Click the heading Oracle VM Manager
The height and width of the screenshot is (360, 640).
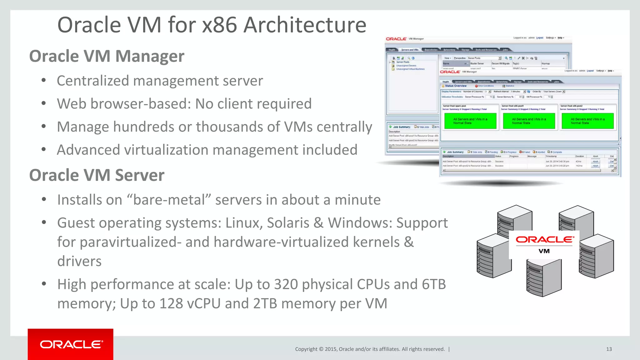(x=107, y=56)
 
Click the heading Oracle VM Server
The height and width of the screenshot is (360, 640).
(x=97, y=175)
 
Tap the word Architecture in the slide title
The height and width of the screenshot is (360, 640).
(x=305, y=25)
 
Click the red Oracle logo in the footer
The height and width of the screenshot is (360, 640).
(x=71, y=344)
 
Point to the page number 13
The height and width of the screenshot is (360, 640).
(x=609, y=349)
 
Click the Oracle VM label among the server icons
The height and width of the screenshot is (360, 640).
(x=544, y=244)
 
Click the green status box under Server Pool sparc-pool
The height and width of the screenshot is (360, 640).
(x=470, y=121)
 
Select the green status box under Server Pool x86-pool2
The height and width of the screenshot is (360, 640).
(x=587, y=121)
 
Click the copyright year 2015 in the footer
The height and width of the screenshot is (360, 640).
(x=331, y=349)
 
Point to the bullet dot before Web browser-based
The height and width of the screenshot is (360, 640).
(x=44, y=103)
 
